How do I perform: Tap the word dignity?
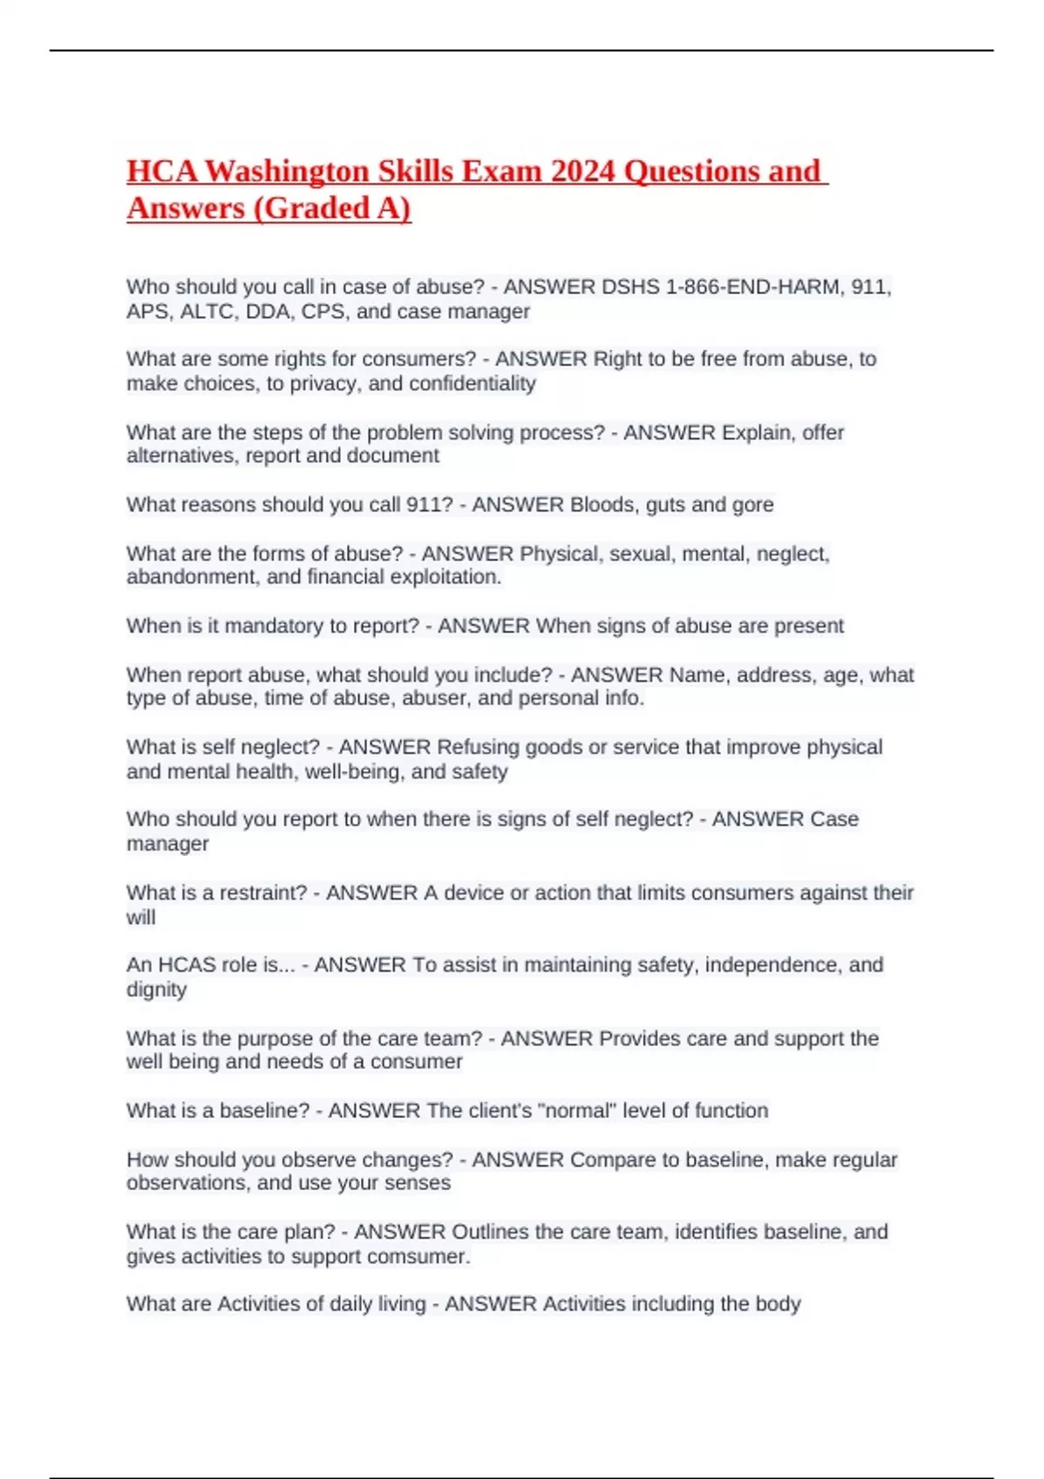157,989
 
